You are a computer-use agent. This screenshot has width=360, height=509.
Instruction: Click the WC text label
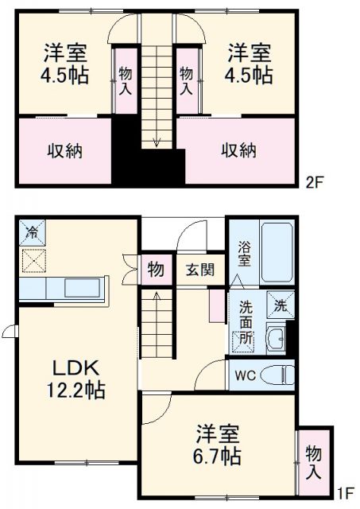243,375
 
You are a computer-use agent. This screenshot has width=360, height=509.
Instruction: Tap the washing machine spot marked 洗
281,305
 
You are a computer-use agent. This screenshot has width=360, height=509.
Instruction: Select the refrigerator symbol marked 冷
33,233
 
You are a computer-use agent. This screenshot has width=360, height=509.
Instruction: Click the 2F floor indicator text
314,181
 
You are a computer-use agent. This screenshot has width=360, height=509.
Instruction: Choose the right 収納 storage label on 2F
238,151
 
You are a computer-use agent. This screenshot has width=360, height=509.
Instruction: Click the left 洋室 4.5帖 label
65,65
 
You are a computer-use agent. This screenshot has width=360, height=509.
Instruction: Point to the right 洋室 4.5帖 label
250,65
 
